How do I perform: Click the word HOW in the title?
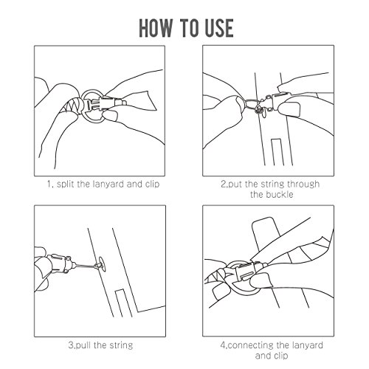point(156,28)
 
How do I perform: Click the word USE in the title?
point(219,28)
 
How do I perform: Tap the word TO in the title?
point(190,28)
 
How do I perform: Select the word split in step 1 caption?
point(65,184)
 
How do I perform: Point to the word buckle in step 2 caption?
point(280,195)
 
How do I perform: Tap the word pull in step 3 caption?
point(83,345)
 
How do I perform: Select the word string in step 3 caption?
point(121,345)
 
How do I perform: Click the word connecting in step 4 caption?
point(250,345)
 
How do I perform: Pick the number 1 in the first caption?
point(49,184)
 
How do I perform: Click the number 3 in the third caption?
point(71,345)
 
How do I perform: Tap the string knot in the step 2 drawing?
point(259,109)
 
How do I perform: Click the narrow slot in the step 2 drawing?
point(277,152)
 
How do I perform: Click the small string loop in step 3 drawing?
point(101,264)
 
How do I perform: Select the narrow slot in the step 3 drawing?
point(123,303)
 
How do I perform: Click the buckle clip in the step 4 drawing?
point(250,270)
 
